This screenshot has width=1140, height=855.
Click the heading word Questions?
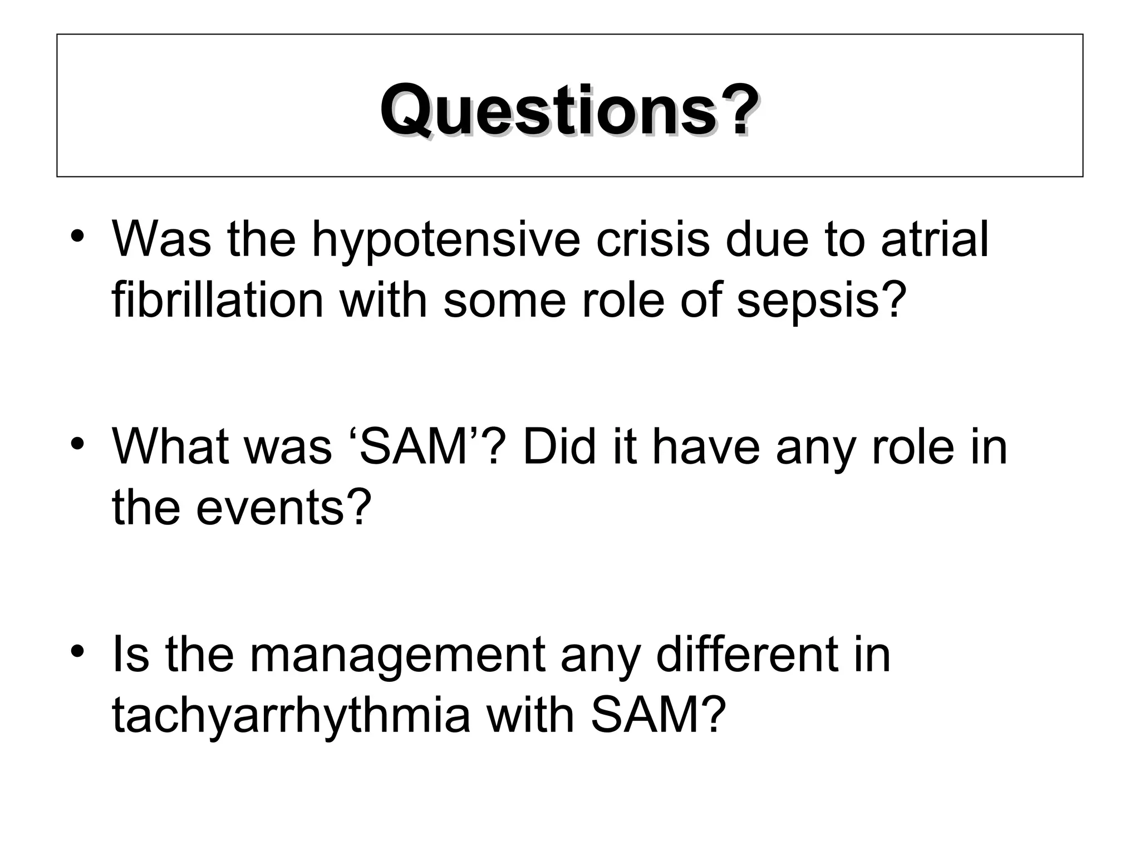pyautogui.click(x=569, y=110)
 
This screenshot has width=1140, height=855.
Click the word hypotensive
pyautogui.click(x=445, y=240)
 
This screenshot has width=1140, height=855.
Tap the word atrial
pyautogui.click(x=935, y=240)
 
